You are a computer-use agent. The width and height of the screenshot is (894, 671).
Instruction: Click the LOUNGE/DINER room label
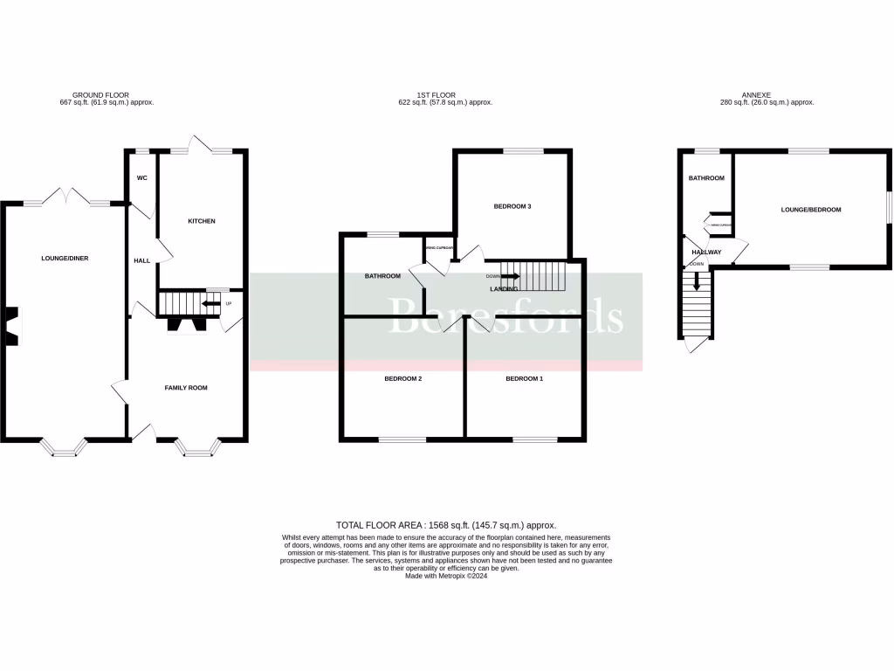coord(65,259)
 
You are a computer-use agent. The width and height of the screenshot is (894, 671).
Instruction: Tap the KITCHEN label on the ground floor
coord(202,221)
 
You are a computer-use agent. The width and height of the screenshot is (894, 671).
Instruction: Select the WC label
coord(141,177)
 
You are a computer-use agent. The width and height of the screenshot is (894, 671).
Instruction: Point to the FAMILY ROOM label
coord(186,387)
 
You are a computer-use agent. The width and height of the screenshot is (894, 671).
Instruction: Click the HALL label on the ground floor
coord(141,260)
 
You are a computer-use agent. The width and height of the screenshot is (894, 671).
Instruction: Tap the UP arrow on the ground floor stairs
coord(210,304)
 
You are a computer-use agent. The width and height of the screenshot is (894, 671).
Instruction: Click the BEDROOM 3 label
coord(512,206)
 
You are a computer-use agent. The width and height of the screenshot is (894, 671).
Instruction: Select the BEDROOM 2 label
coord(403,379)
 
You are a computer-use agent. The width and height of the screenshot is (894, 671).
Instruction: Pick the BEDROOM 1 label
coord(524,379)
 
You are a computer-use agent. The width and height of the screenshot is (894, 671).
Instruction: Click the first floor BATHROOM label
coord(382,276)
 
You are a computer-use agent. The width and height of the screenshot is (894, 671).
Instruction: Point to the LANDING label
coord(504,288)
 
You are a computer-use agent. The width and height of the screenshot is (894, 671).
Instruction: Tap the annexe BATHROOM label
coord(706,178)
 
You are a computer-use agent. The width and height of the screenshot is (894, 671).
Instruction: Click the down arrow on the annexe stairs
coord(696,281)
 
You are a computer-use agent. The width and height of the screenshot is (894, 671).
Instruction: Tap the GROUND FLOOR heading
coord(101,94)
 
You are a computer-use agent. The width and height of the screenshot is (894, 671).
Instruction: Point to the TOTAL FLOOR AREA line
coord(446,524)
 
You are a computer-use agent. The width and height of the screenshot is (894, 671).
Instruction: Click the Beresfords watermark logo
coord(506,316)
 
